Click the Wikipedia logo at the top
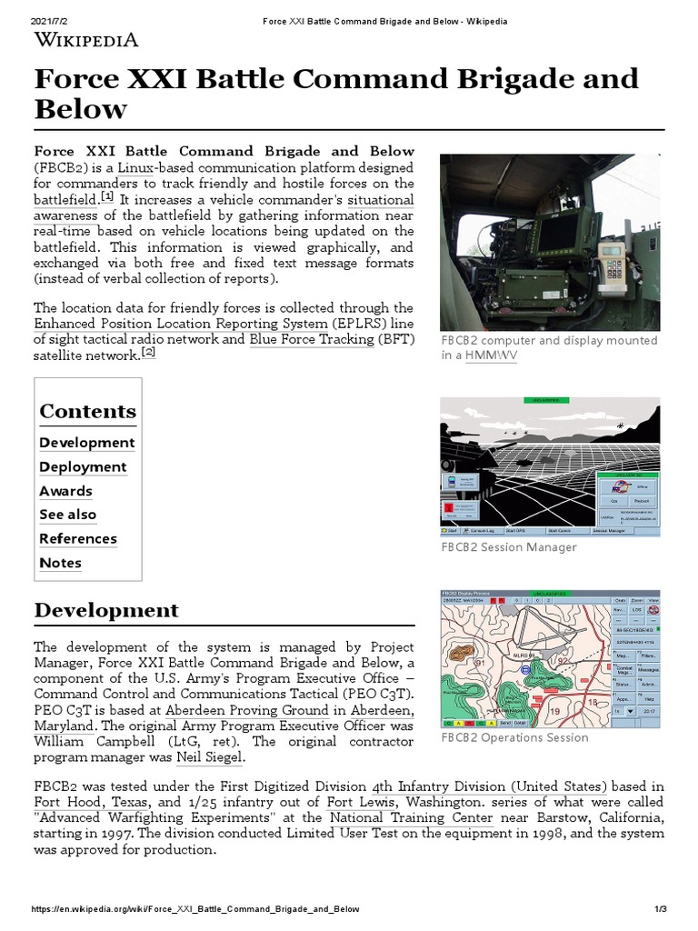(86, 39)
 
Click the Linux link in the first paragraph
(135, 167)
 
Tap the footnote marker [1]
(107, 196)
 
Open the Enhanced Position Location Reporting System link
(180, 323)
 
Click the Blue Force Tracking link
(311, 338)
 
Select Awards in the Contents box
(65, 491)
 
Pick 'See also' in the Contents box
(67, 515)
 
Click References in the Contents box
(78, 538)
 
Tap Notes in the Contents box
(60, 563)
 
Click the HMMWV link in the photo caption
(491, 355)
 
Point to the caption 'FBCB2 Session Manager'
(508, 547)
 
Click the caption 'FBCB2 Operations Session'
(514, 737)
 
